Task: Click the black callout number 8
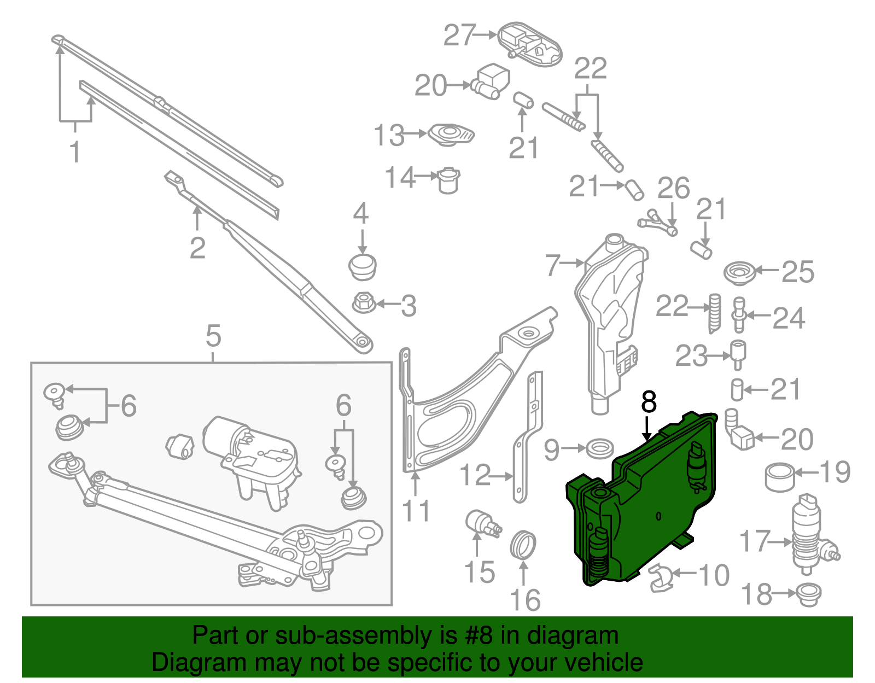pos(649,402)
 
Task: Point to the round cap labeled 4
pos(362,266)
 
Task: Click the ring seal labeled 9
pos(599,448)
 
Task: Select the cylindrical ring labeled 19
pos(779,477)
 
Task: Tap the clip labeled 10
pos(661,579)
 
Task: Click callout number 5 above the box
pos(213,336)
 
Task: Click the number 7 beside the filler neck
pos(553,266)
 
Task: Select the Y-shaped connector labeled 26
pos(658,221)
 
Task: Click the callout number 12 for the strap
pos(475,475)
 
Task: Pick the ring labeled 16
pos(523,545)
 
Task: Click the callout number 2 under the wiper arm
pos(197,249)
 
